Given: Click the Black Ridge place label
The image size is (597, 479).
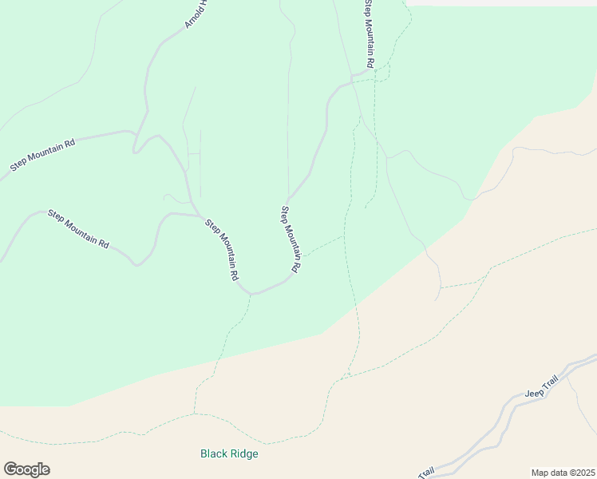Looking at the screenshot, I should [x=229, y=453].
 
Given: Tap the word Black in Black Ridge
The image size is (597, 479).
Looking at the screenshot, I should [x=213, y=453].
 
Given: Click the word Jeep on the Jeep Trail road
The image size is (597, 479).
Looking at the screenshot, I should [x=533, y=394].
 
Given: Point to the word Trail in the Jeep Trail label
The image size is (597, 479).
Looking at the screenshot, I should [x=549, y=385].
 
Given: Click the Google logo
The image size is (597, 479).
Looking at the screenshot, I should [x=26, y=469].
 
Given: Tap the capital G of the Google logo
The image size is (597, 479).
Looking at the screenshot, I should [x=10, y=469].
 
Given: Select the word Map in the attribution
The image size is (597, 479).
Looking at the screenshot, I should [x=540, y=473].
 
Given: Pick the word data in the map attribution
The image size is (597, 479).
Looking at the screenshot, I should [x=558, y=473].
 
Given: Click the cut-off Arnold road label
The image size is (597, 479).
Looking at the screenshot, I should [x=196, y=14].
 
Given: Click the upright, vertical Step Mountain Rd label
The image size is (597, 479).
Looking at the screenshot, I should [x=369, y=34].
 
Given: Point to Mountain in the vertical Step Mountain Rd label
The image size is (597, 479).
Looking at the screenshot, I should [x=369, y=34].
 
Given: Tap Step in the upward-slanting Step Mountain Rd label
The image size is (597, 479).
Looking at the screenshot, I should [x=18, y=166].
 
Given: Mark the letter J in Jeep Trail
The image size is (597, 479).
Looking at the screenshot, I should [x=527, y=397].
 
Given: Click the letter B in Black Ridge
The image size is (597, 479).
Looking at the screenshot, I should [x=204, y=453].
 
